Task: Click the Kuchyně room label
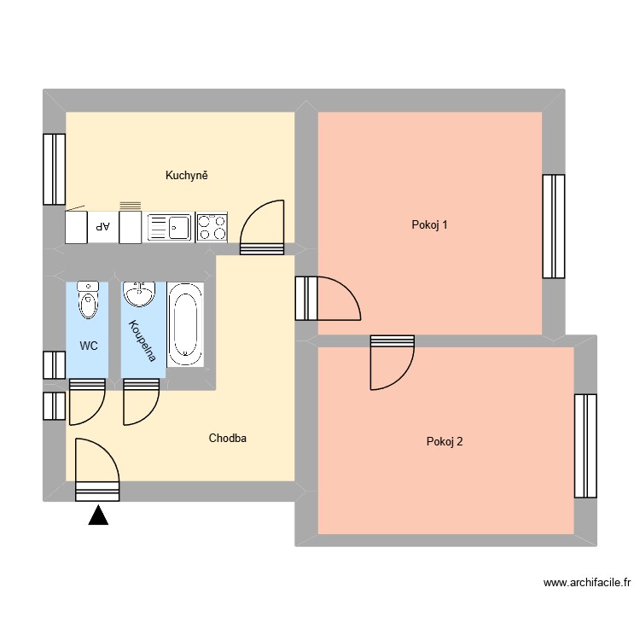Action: (x=188, y=176)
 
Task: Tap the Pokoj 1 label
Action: (x=429, y=225)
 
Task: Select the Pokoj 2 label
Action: (x=445, y=442)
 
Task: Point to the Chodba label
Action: (x=228, y=439)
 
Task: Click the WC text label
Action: (x=89, y=346)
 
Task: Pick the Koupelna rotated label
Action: (x=143, y=340)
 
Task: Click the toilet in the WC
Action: (x=88, y=300)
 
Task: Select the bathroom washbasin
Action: (x=139, y=295)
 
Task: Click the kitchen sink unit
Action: (x=170, y=228)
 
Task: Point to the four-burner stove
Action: (x=212, y=228)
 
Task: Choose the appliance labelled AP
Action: (x=103, y=227)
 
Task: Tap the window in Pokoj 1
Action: (x=554, y=226)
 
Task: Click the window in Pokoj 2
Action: (x=585, y=445)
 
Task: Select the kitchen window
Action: (x=55, y=170)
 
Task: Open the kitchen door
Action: (x=262, y=230)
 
